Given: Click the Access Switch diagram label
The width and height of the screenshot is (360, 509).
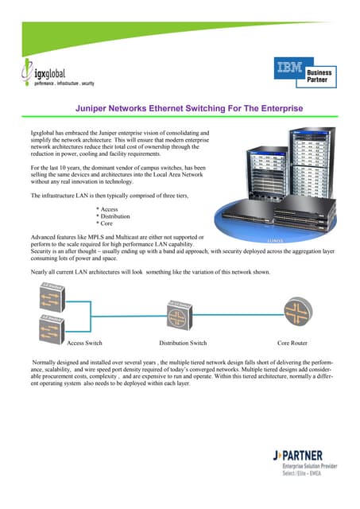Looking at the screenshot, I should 84,343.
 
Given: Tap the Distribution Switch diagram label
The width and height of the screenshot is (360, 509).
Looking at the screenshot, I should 183,343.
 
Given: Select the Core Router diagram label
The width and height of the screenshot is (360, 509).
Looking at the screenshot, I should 292,343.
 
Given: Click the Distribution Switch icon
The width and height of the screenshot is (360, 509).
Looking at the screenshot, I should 182,312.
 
